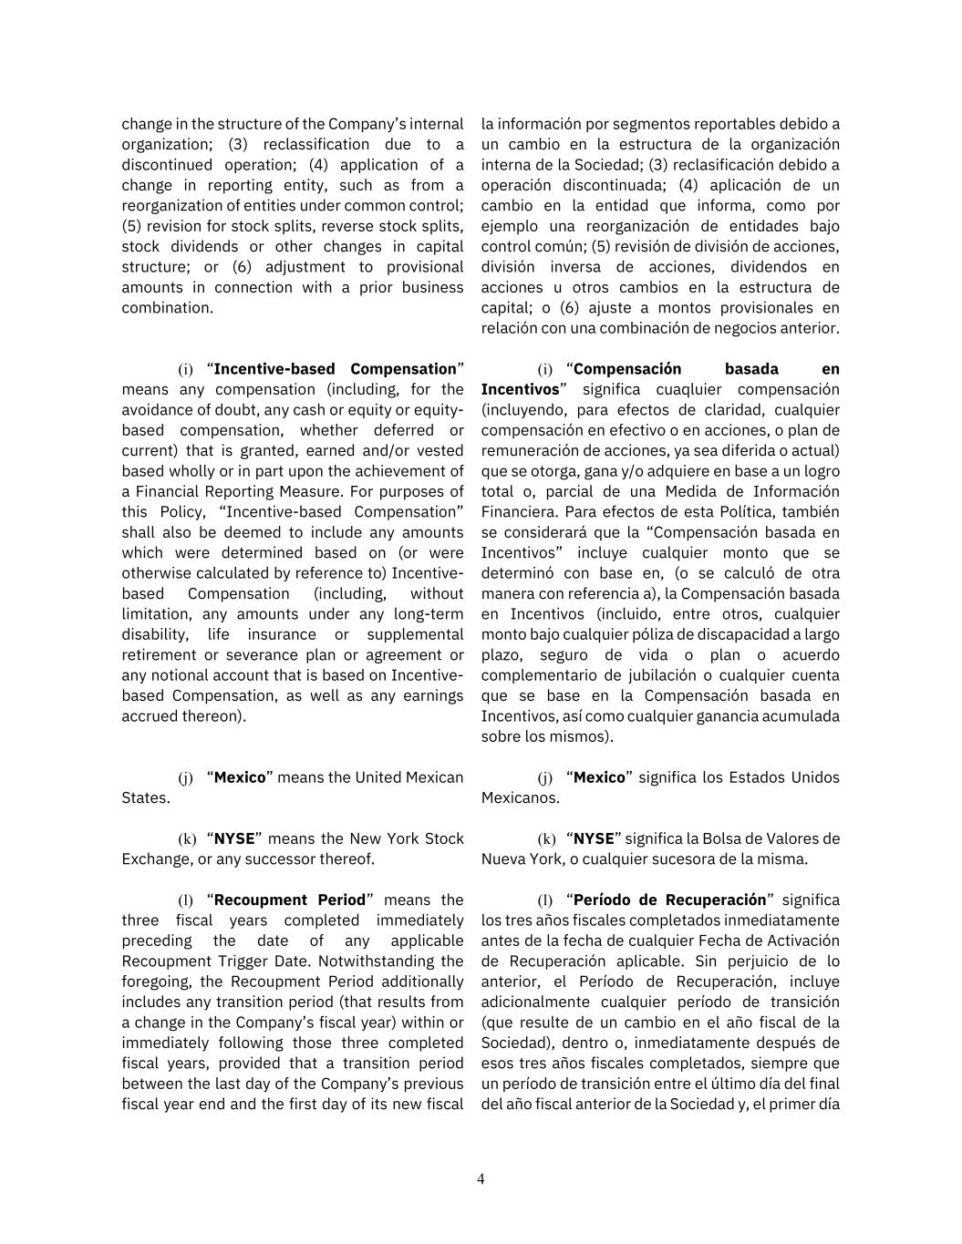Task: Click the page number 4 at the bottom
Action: point(481,1178)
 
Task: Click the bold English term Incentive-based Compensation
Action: point(335,369)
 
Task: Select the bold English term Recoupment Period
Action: point(289,900)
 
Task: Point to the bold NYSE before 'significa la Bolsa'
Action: point(594,838)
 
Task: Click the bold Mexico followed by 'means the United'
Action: point(240,777)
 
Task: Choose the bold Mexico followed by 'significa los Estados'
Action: point(599,777)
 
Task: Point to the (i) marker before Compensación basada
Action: point(544,370)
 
